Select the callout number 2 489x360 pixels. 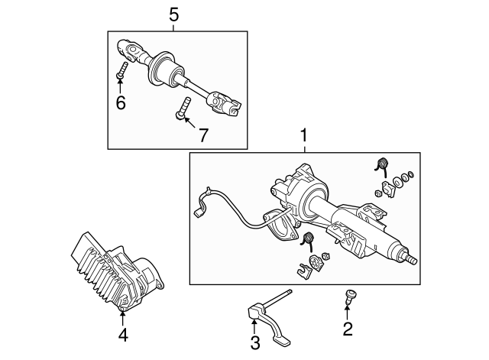348,330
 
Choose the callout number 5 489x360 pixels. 173,14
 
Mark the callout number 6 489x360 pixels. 120,102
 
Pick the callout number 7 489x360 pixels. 203,135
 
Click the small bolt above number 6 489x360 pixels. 121,73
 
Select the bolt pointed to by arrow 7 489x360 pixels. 182,108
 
